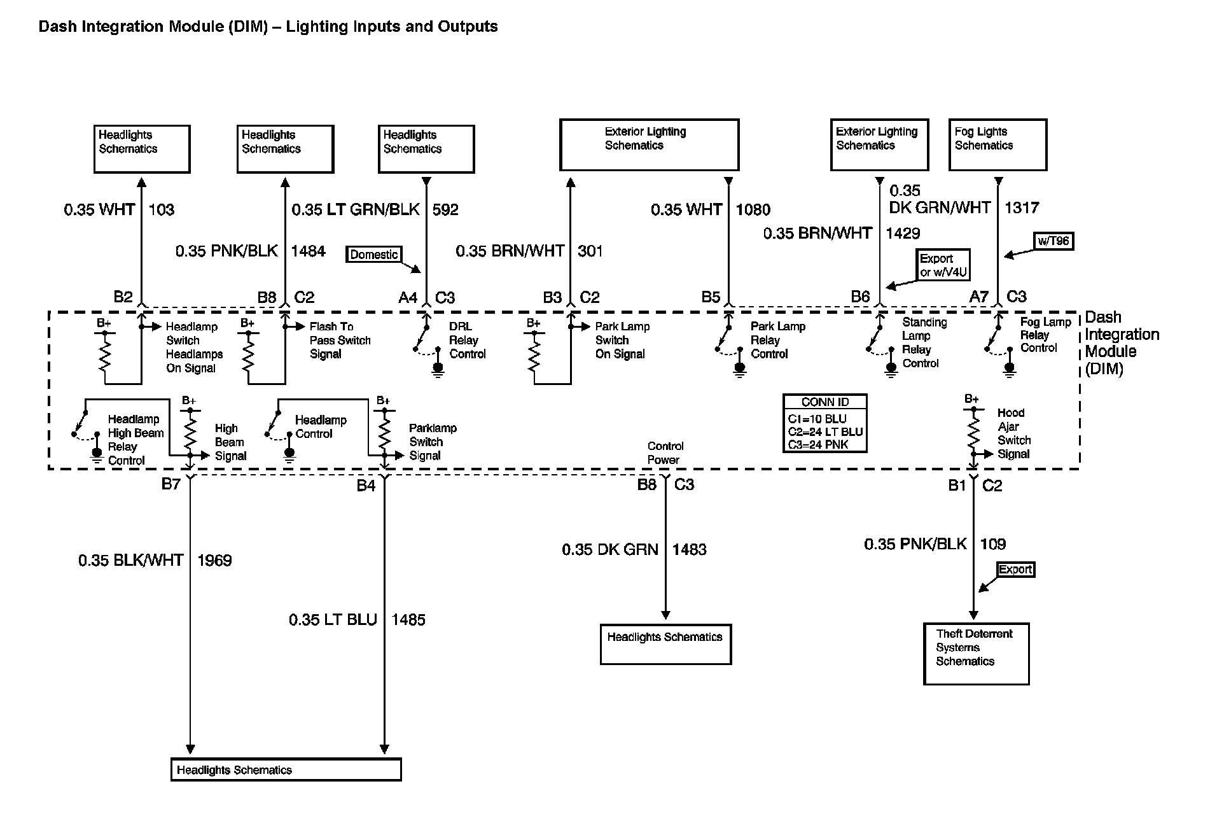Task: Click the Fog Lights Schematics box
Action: tap(997, 145)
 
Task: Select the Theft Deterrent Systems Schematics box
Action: tap(976, 654)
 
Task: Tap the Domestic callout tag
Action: tap(374, 255)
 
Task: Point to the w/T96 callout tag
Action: tap(1053, 242)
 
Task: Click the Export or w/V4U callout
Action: tap(943, 265)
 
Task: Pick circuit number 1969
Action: tap(214, 561)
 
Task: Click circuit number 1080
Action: tap(753, 210)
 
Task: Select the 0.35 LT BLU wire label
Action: tap(333, 620)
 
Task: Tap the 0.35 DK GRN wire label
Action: tap(609, 550)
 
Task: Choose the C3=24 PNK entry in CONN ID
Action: tap(818, 445)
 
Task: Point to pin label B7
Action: tap(170, 484)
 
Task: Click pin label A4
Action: tap(408, 297)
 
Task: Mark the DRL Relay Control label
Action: tap(467, 340)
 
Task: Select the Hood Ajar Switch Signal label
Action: tap(1013, 433)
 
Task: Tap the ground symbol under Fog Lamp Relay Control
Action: tap(1009, 369)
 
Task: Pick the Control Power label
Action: tap(665, 453)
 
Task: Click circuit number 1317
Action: tap(1022, 208)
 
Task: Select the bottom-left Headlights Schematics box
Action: tap(286, 770)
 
